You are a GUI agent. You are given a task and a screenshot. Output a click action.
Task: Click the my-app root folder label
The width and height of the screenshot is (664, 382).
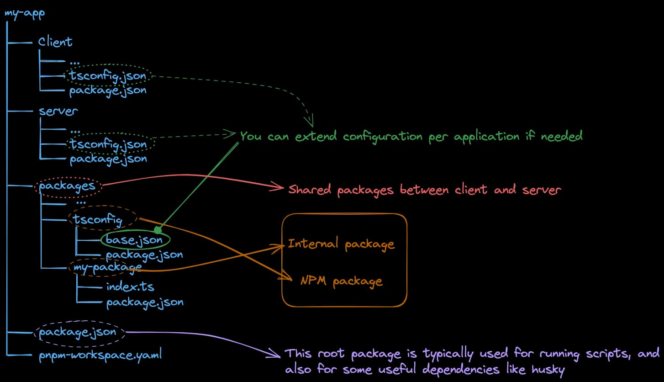coord(25,12)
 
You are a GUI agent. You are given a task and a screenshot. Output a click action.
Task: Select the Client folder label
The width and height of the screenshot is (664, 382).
coord(55,42)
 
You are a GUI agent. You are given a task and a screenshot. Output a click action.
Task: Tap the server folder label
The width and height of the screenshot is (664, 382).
coord(58,111)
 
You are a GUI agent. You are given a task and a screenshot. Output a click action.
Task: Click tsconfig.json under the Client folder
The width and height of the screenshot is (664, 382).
coord(108,75)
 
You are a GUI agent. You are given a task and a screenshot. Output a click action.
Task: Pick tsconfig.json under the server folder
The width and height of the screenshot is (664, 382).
coord(108,144)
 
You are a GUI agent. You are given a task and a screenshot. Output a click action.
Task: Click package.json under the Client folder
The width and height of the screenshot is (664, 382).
coord(108,90)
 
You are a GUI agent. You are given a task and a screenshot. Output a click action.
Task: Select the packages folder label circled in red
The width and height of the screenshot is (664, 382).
coord(67,186)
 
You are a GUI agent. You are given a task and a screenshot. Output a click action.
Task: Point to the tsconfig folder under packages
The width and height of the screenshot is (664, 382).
coord(97,220)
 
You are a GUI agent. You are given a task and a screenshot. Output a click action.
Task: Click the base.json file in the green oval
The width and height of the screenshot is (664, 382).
coord(134,239)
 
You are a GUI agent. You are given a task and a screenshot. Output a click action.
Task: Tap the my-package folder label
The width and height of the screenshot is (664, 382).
coord(105,267)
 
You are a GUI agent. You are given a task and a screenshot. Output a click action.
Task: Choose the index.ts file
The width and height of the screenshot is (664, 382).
coord(130,287)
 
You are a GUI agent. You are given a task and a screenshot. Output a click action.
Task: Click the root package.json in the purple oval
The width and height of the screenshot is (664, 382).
coord(78,332)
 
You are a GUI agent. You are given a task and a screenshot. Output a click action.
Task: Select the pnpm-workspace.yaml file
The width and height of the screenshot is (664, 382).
coord(100,355)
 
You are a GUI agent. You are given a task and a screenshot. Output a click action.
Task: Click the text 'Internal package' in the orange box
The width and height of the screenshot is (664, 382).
coord(341,244)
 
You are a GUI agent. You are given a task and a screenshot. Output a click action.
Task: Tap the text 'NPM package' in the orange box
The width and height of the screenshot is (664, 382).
coord(341,281)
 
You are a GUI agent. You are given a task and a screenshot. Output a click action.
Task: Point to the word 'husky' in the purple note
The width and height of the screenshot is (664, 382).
coord(546,370)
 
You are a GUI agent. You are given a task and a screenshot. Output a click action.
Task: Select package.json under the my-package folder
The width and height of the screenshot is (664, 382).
coord(145,302)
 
